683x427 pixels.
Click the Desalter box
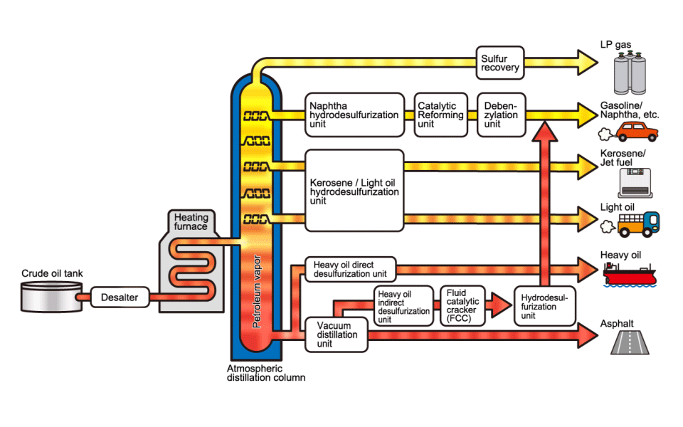coord(120,297)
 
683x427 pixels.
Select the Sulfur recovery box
coord(500,63)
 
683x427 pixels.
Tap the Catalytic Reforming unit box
coord(441,113)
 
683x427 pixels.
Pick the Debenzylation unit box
coord(501,113)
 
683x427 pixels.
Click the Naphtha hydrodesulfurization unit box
coord(354,114)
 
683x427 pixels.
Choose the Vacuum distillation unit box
coord(337,334)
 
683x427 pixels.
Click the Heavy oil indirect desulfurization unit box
coord(403,306)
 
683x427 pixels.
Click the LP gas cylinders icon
coord(635,70)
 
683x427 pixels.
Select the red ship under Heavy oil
coord(631,273)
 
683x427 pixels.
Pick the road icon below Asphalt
coord(631,344)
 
